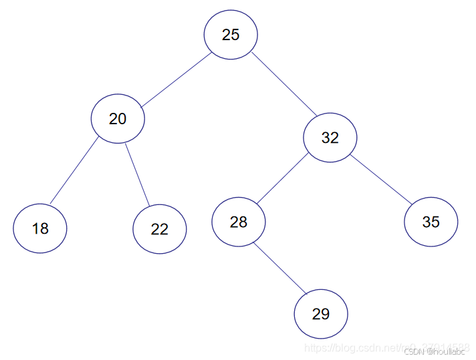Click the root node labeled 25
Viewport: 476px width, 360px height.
(231, 35)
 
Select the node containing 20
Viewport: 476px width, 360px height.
(118, 119)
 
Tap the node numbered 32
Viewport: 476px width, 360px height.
(330, 138)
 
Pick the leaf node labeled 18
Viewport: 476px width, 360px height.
(40, 228)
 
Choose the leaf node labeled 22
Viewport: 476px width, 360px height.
(159, 229)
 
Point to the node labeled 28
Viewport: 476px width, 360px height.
(239, 222)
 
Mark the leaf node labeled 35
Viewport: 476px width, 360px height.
(431, 222)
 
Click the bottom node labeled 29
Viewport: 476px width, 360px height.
(321, 314)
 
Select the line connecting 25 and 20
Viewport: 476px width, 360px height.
(175, 79)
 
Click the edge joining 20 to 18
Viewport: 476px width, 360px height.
(74, 171)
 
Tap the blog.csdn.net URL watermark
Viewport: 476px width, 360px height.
(361, 348)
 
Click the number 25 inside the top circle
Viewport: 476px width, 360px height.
(231, 35)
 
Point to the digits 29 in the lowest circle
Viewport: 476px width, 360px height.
(321, 314)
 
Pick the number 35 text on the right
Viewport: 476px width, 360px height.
(431, 222)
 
